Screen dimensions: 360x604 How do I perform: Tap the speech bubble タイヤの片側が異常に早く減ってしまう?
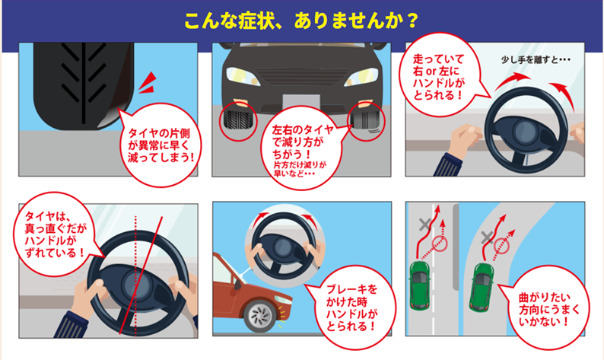(x=161, y=142)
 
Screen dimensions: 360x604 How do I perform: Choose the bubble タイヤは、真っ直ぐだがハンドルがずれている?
(x=54, y=229)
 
